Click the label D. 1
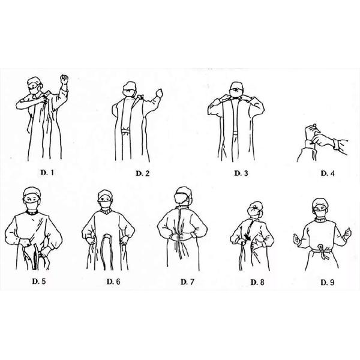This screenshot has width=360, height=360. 47,172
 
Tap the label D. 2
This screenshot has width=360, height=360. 143,173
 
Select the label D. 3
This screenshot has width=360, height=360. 241,173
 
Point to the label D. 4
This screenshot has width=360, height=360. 328,173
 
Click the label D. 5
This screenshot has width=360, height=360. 39,281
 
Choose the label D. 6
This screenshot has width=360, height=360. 113,281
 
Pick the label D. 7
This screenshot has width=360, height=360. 188,281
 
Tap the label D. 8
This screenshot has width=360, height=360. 257,282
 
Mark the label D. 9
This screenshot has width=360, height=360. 328,282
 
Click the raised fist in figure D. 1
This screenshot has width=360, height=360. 64,79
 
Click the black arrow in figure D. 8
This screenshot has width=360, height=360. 248,238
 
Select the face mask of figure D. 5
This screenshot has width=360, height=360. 32,205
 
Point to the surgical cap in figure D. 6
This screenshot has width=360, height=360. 105,194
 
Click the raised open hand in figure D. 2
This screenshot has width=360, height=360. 160,94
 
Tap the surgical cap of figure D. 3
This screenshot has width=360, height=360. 237,86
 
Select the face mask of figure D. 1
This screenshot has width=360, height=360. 34,90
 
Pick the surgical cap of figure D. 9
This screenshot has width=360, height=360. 320,203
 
